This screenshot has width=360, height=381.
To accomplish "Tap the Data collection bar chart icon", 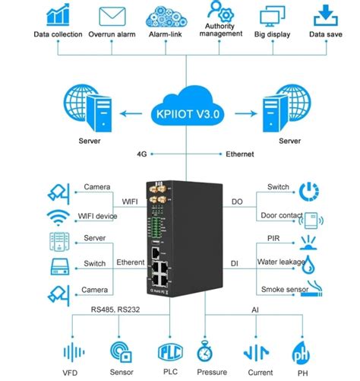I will pyautogui.click(x=57, y=15).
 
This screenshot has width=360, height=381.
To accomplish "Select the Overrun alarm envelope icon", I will pyautogui.click(x=111, y=15).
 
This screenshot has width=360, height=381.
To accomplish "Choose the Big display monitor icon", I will pyautogui.click(x=271, y=15).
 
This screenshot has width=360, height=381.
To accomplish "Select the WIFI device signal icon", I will pyautogui.click(x=57, y=216).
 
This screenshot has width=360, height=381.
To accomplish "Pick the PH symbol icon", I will pyautogui.click(x=302, y=352).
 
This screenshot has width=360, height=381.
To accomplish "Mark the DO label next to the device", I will pyautogui.click(x=235, y=202).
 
